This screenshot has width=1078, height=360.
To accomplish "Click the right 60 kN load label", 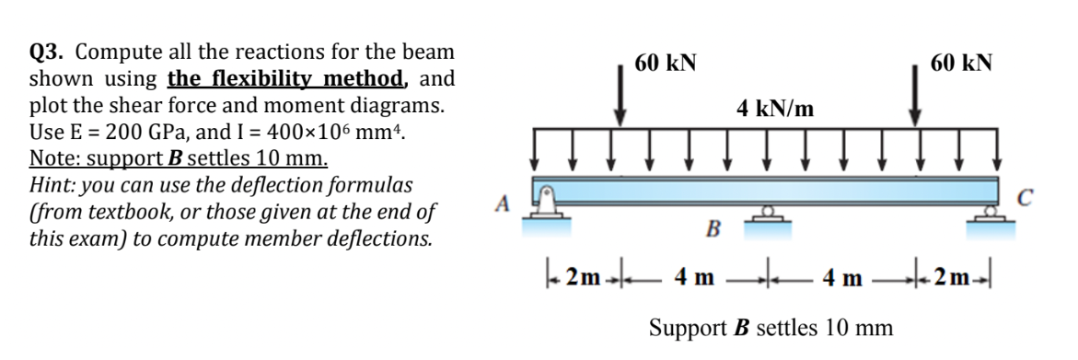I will [961, 64].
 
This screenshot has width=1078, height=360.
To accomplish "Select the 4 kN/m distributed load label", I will [775, 109].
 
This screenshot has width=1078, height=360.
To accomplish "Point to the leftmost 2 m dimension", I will [579, 277].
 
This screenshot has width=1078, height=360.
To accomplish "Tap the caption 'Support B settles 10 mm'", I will [771, 327].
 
